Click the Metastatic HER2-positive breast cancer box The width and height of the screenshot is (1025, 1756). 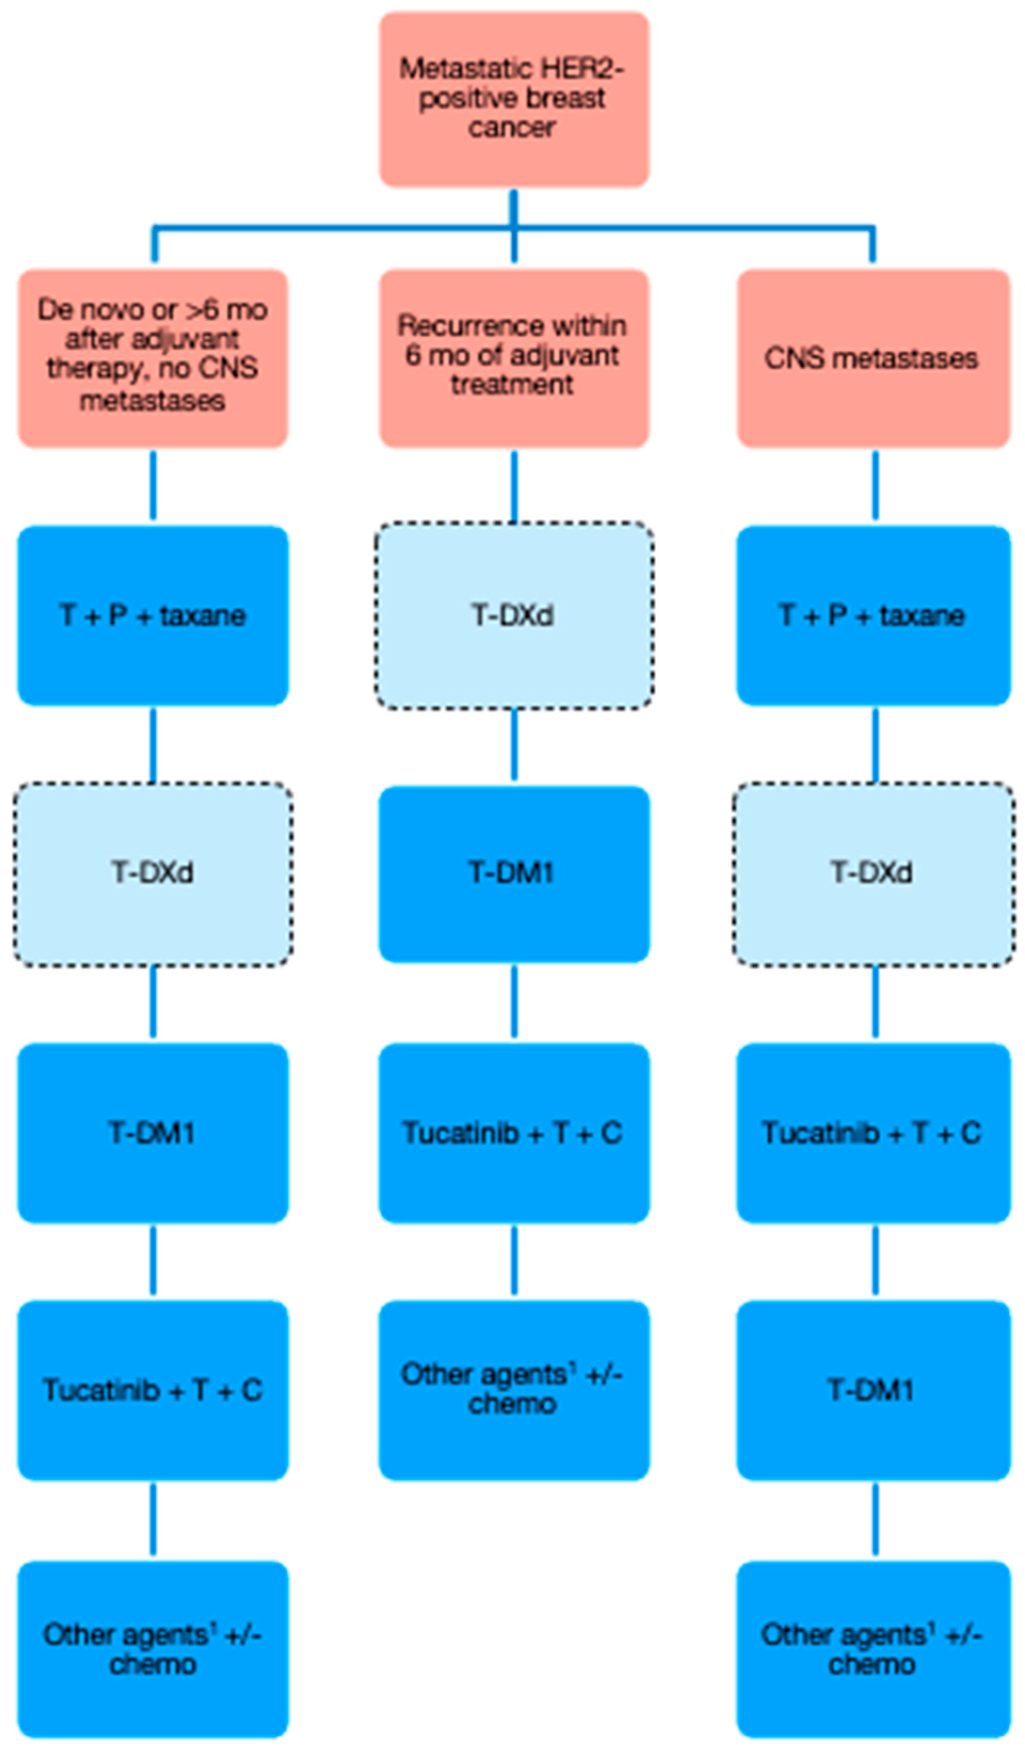(x=513, y=99)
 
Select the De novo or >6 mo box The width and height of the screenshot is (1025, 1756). (x=152, y=358)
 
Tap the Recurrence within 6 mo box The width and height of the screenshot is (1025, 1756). (x=513, y=358)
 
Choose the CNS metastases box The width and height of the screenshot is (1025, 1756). (x=873, y=358)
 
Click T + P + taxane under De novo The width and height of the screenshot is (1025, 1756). (x=152, y=615)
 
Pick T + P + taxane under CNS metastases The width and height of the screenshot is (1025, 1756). (x=873, y=615)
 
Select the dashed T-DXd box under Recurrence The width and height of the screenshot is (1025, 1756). (x=513, y=615)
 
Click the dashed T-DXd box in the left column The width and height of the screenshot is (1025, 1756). (x=152, y=873)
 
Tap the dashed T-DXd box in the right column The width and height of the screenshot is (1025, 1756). (x=873, y=873)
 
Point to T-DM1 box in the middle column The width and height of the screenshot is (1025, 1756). (x=513, y=873)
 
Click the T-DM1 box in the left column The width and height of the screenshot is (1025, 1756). (x=152, y=1132)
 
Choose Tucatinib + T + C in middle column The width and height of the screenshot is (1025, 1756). (x=513, y=1132)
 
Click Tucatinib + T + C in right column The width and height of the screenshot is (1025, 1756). (x=873, y=1132)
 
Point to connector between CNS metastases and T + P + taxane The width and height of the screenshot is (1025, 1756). (x=875, y=486)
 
